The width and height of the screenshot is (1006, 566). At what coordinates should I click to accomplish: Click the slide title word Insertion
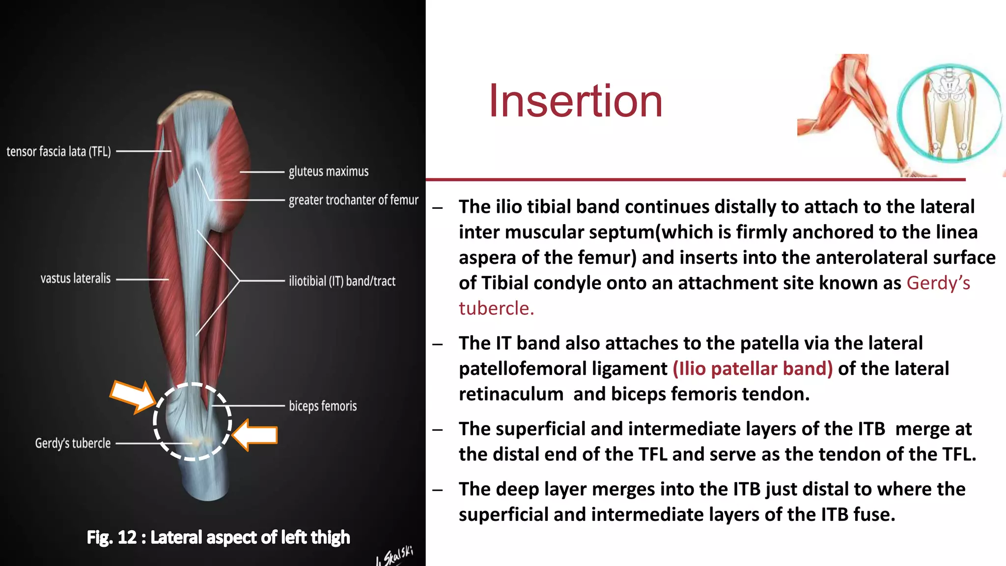coord(575,102)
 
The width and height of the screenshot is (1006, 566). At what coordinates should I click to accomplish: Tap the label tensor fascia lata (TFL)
coord(58,151)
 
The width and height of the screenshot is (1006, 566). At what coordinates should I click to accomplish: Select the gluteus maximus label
coord(328,171)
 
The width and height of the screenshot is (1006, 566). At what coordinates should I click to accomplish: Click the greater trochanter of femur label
coord(353,200)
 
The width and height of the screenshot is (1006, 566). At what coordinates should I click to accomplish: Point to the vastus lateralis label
coord(75,279)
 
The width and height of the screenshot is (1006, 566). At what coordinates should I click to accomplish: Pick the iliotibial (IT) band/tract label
coord(342,281)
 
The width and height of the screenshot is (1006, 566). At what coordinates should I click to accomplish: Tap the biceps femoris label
coord(323,406)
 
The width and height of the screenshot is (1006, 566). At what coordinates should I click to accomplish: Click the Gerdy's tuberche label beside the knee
coord(73,443)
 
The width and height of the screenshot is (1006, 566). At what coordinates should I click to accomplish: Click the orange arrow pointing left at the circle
coord(255,435)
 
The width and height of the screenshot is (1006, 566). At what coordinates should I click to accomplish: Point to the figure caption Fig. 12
coord(218,538)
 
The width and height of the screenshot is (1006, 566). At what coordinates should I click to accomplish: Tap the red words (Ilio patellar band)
coord(753,368)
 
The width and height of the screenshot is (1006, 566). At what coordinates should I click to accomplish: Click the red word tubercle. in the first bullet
coord(496,309)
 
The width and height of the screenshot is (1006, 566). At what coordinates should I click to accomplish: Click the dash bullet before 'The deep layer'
coord(438,490)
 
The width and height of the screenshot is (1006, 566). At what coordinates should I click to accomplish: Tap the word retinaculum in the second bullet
coord(511,394)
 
